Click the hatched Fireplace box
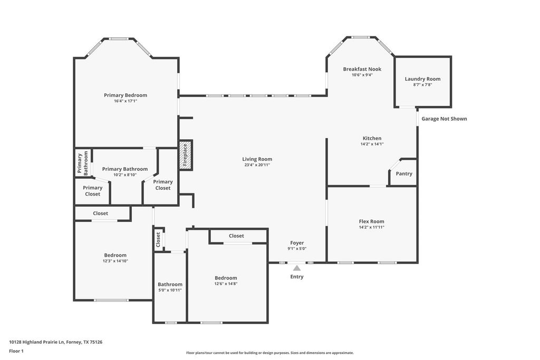[x=185, y=154]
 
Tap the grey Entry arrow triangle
[x=296, y=268]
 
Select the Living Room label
[x=257, y=159]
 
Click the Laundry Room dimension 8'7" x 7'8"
[x=422, y=85]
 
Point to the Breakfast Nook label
[x=362, y=69]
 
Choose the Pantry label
[x=404, y=174]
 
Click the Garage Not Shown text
[x=444, y=119]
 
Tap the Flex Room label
[x=371, y=221]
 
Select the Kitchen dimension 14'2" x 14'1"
[x=372, y=144]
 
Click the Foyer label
[x=297, y=242]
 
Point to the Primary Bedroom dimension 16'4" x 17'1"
[x=126, y=101]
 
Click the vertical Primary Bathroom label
[x=83, y=163]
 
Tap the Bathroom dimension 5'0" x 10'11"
[x=170, y=290]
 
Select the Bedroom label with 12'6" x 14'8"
[x=226, y=278]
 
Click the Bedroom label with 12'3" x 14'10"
[x=115, y=255]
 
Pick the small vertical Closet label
[x=158, y=239]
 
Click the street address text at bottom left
[x=55, y=342]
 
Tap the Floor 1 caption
[x=16, y=351]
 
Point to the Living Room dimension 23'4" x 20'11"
[x=257, y=165]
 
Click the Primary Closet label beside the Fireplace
[x=162, y=185]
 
